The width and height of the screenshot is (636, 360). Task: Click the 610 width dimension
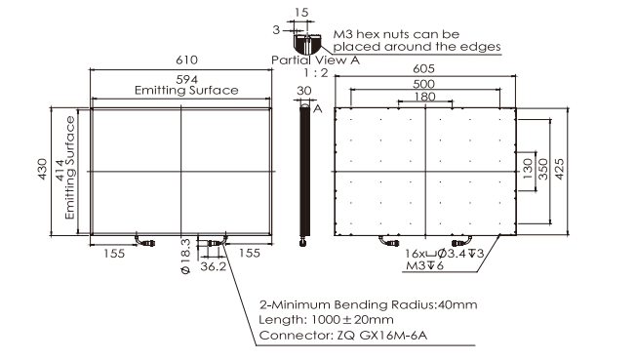click(x=186, y=60)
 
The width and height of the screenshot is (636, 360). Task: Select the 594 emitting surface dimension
click(x=186, y=79)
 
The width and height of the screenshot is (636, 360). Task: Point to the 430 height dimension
click(x=42, y=170)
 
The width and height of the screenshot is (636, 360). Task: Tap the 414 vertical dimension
click(x=60, y=171)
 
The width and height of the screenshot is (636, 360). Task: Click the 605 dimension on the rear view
click(x=424, y=68)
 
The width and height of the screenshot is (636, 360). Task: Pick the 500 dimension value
click(x=424, y=84)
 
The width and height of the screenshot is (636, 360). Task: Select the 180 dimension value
click(x=424, y=97)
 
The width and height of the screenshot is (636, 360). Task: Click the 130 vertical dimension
click(x=528, y=169)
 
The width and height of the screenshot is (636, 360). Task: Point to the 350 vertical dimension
click(x=542, y=169)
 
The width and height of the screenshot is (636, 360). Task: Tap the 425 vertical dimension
click(x=559, y=169)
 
